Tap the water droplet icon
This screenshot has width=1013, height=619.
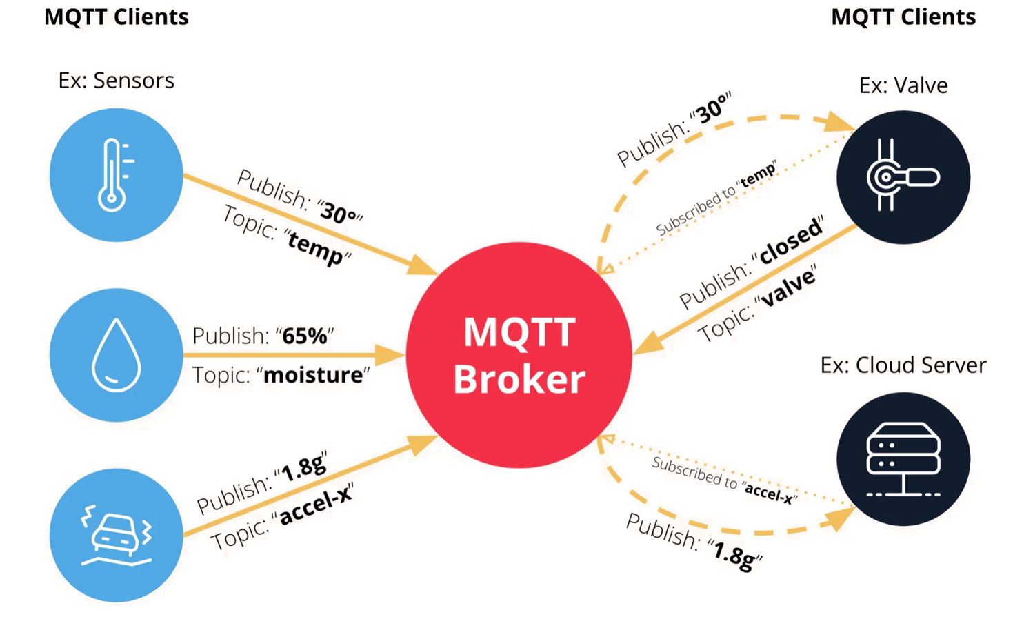tap(116, 355)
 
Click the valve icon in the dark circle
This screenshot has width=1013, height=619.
tap(902, 176)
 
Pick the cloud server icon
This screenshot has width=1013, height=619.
tap(903, 458)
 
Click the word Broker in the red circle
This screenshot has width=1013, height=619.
tap(519, 379)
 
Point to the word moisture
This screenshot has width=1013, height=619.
tap(313, 376)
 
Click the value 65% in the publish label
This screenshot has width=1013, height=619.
tap(305, 336)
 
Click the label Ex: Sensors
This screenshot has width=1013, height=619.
tap(116, 81)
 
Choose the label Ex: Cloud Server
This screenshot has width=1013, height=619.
tap(903, 365)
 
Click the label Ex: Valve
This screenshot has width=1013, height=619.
tap(903, 85)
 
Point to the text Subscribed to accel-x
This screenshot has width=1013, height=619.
tap(724, 480)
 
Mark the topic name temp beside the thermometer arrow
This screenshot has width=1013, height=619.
tap(315, 247)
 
